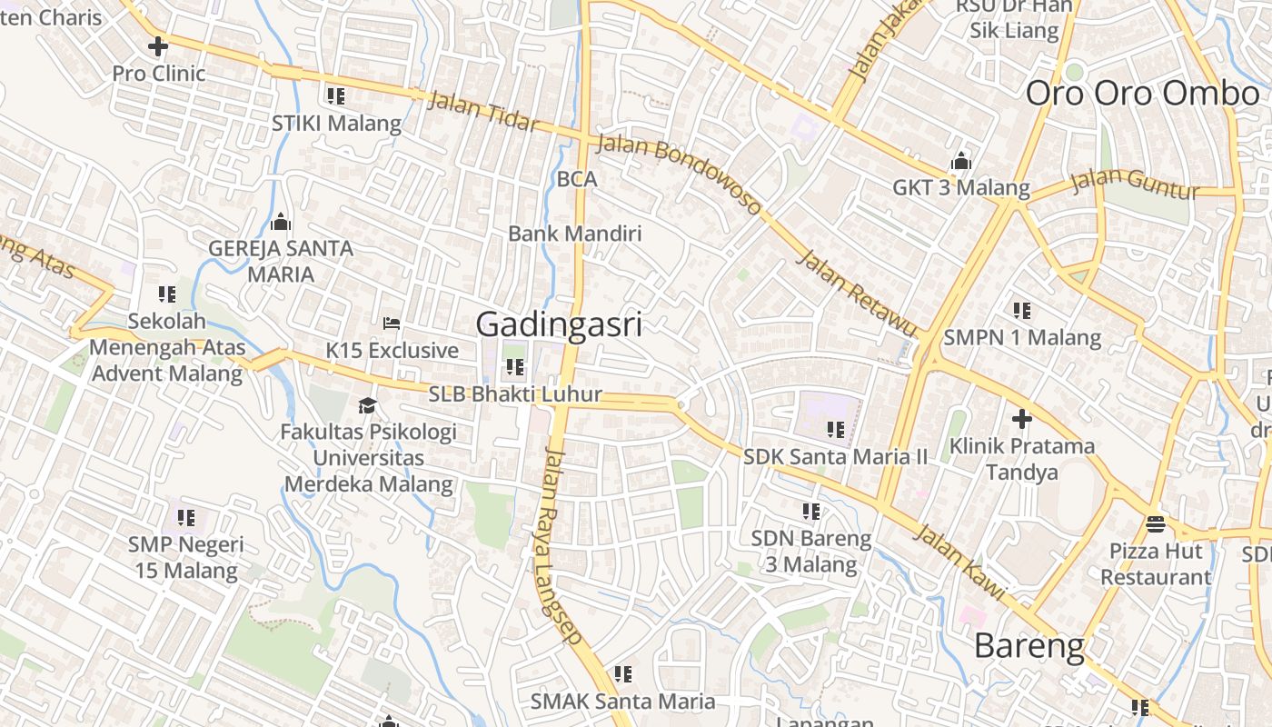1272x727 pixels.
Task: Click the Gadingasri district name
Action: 559,324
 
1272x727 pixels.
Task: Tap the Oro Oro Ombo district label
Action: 1143,94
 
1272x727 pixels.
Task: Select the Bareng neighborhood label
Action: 1029,646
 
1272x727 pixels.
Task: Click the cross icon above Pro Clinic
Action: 158,45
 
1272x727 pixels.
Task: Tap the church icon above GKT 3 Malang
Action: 960,162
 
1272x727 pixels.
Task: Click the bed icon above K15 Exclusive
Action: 392,324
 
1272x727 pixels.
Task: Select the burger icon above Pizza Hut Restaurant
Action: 1156,523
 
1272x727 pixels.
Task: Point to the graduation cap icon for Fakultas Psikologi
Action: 367,405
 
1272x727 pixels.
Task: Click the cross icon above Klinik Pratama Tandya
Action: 1022,419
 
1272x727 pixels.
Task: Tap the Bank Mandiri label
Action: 574,234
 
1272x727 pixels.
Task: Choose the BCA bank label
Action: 577,180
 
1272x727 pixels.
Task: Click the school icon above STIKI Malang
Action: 336,95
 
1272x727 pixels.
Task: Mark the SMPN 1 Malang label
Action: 1022,338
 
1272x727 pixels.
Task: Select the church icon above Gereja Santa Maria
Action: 281,222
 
